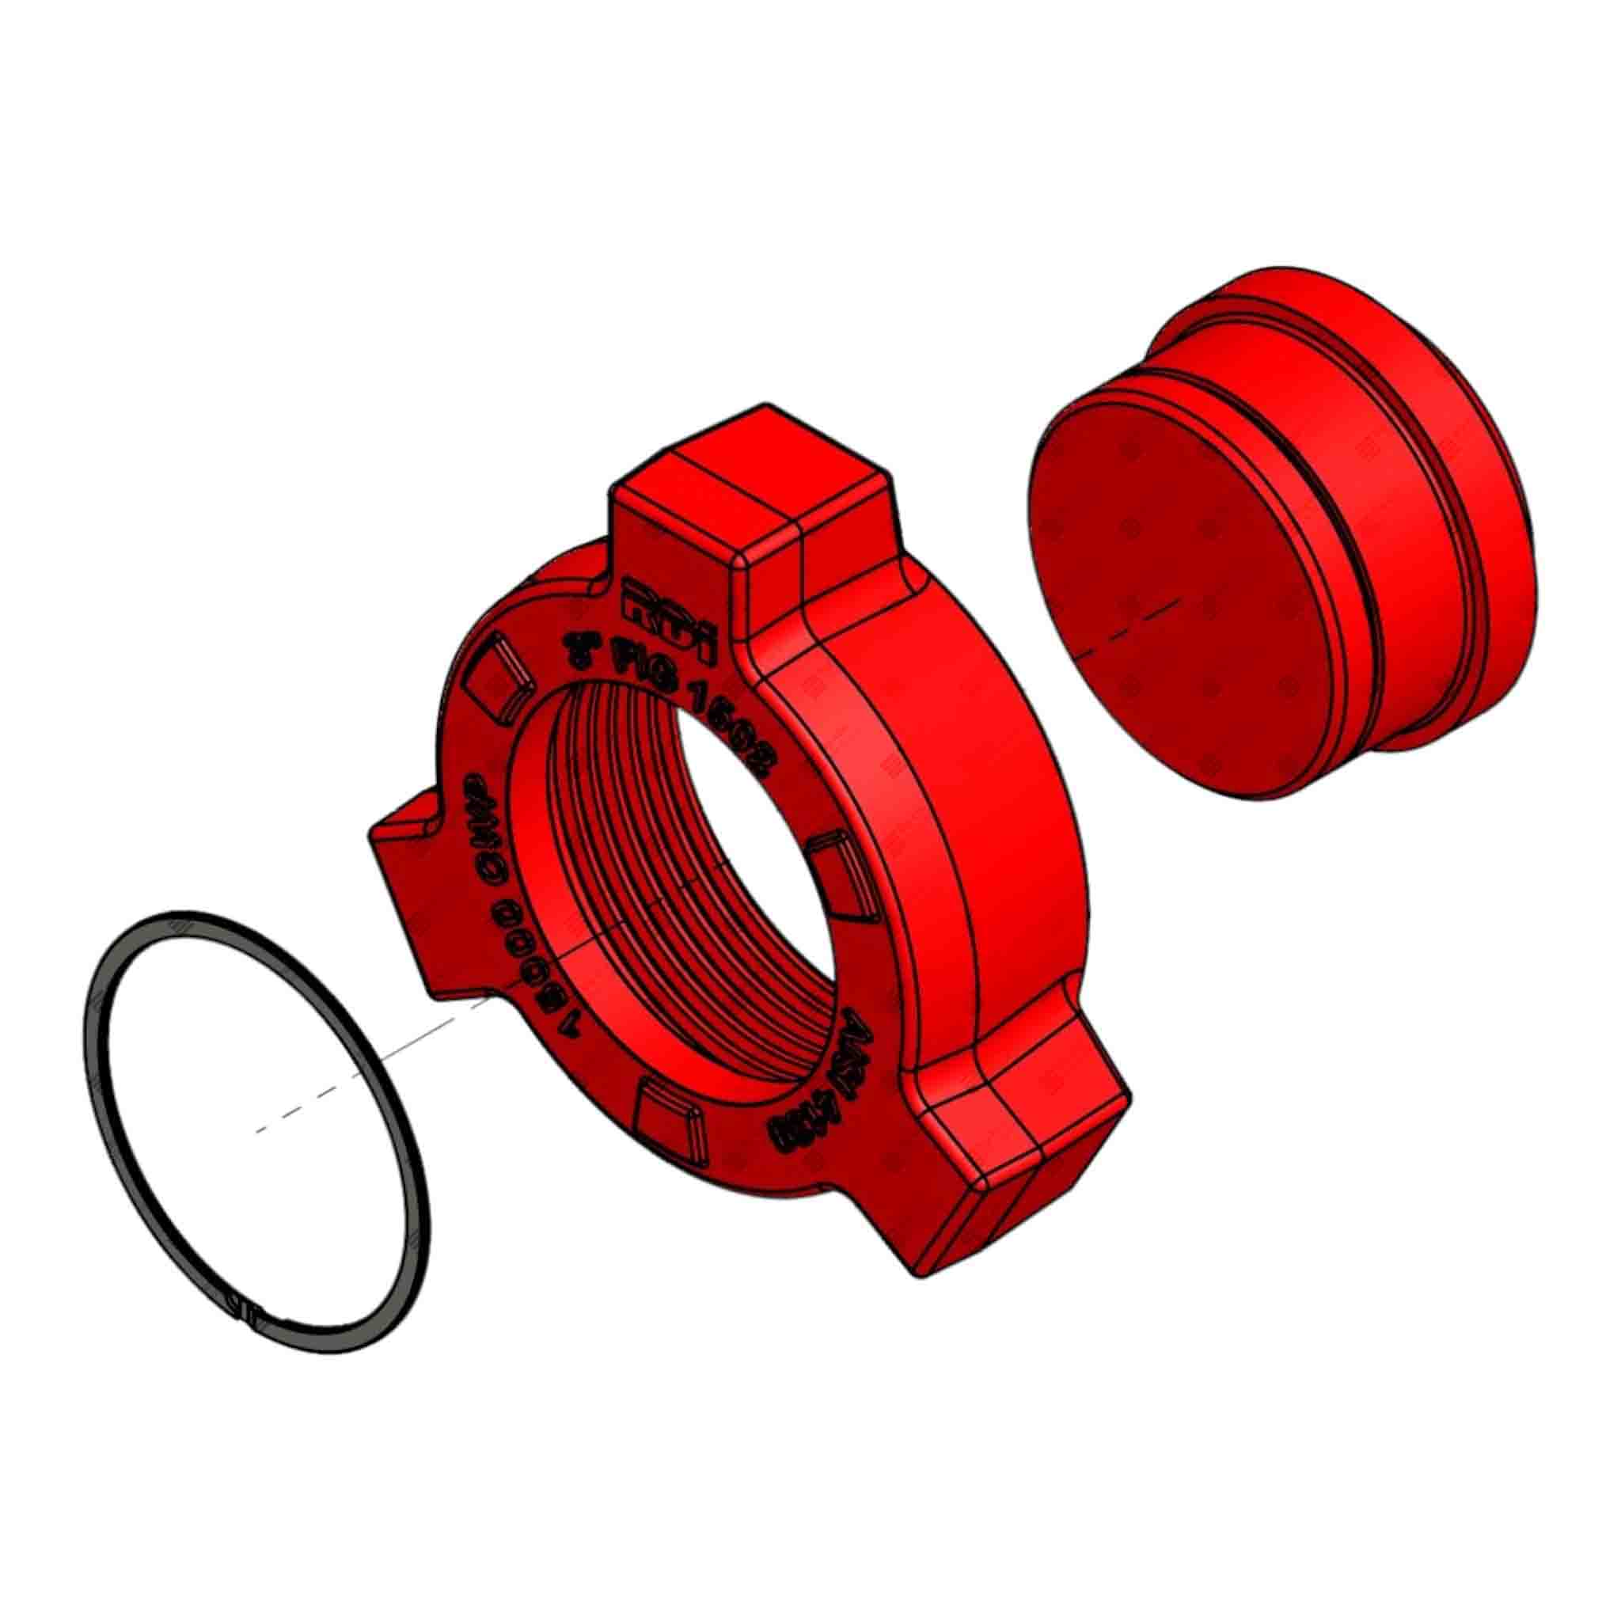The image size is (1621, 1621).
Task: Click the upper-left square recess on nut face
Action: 500,675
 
